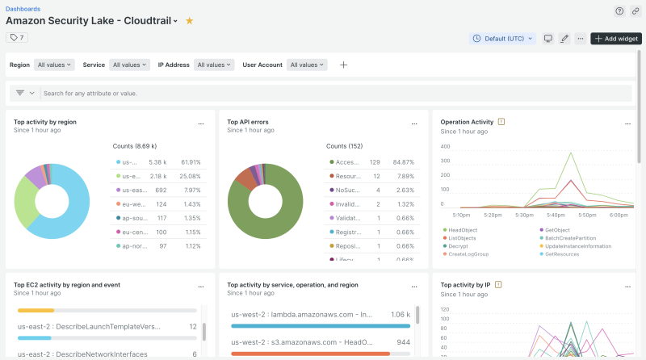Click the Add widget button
617,39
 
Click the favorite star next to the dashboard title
189,20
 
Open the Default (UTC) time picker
502,39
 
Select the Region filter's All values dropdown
55,65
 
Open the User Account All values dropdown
307,65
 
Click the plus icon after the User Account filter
343,65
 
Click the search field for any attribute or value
323,93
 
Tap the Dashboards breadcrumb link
23,8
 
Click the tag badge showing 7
17,37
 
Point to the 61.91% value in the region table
191,162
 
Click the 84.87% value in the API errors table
404,162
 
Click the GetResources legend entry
561,254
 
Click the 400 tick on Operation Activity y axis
446,147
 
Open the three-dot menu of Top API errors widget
414,123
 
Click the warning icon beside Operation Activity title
501,122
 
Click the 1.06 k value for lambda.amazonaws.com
401,315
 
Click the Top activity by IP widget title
466,284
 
